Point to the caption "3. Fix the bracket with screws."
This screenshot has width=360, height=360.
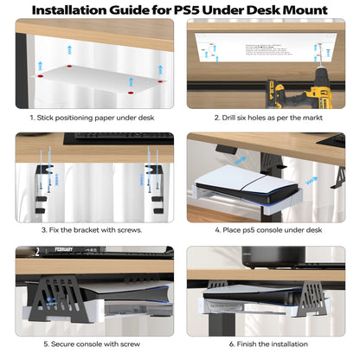click(90, 230)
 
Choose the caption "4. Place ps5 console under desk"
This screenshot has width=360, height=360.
click(271, 230)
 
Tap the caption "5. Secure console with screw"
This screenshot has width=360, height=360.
click(90, 344)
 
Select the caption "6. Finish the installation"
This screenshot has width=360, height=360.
click(271, 344)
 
